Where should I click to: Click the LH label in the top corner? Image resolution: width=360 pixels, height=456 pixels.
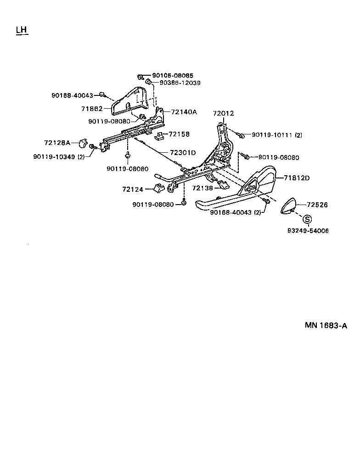(x=22, y=30)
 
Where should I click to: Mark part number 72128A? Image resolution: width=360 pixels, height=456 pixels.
(x=57, y=143)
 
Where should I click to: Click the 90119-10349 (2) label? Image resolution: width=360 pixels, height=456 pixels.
(x=59, y=156)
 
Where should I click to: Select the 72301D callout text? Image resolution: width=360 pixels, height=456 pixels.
(x=183, y=153)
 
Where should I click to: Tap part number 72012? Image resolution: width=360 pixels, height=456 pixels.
(x=223, y=113)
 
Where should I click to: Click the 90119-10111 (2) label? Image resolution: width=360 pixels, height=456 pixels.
(x=276, y=135)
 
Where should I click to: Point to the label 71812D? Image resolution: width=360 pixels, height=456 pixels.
(x=297, y=178)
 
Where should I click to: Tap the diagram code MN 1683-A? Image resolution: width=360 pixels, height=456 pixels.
(x=326, y=326)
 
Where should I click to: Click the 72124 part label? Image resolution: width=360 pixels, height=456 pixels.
(x=133, y=189)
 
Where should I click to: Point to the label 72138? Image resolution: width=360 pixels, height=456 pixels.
(x=202, y=188)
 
